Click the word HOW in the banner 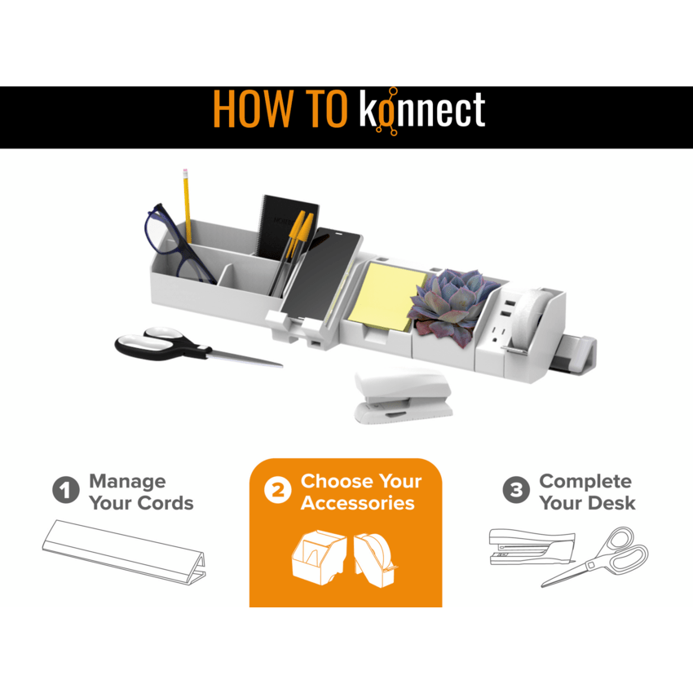coord(253,109)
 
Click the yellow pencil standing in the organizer coord(188,205)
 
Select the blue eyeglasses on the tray coord(178,244)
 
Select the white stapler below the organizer coord(402,396)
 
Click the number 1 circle coord(66,490)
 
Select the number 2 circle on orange coord(277,490)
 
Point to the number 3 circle coord(516,490)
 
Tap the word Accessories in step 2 coord(358,503)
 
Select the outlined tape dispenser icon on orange coord(374,560)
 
